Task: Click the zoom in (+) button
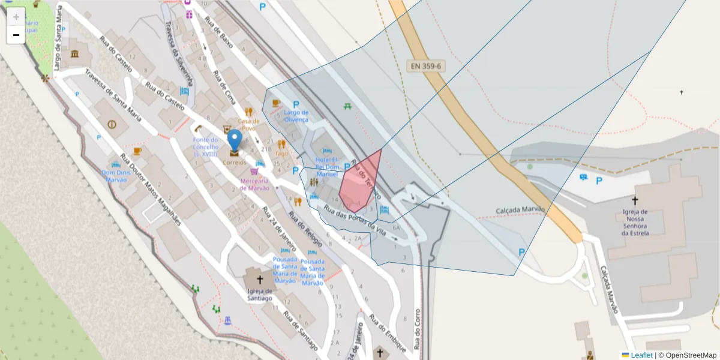(x=16, y=17)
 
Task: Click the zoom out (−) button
(x=16, y=35)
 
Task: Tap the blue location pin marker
(x=235, y=140)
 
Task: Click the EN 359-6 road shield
(x=427, y=66)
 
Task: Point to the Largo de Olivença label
(x=296, y=116)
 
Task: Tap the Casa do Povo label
(x=248, y=124)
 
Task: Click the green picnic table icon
(x=347, y=107)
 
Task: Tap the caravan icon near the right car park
(x=583, y=177)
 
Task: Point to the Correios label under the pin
(x=234, y=163)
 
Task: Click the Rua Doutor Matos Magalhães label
(x=150, y=190)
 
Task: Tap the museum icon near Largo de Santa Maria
(x=74, y=55)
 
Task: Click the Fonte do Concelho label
(x=206, y=147)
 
